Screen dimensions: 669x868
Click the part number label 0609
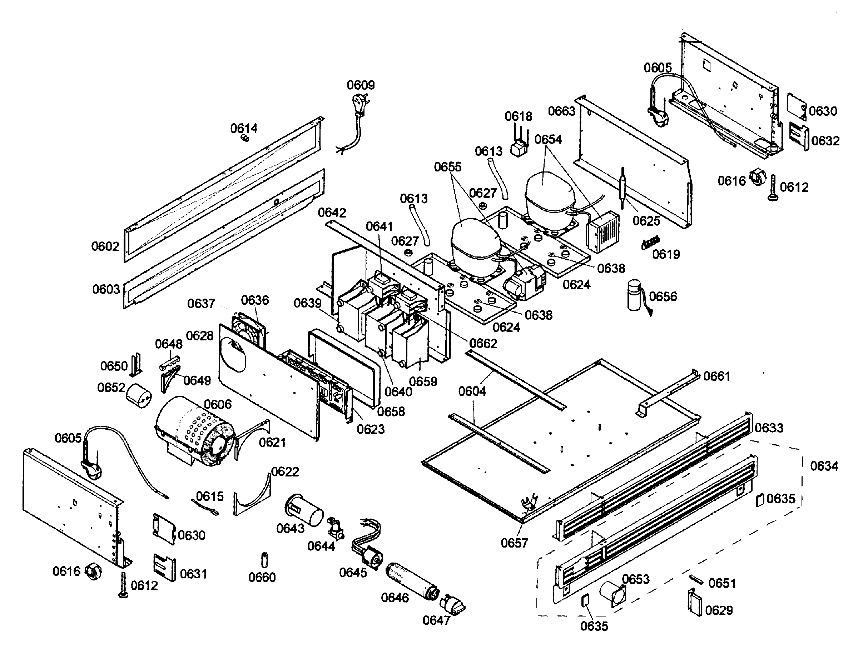click(x=361, y=85)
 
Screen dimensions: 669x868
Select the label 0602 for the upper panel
click(x=105, y=246)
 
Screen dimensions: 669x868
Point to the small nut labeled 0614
click(x=245, y=138)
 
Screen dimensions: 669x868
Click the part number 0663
click(x=561, y=111)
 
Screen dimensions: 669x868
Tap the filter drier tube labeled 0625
click(x=623, y=187)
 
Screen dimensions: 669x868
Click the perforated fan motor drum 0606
click(x=195, y=431)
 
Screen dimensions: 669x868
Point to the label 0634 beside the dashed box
click(x=824, y=466)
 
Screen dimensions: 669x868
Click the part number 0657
click(x=514, y=543)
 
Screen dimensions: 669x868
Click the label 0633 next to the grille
click(x=769, y=428)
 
